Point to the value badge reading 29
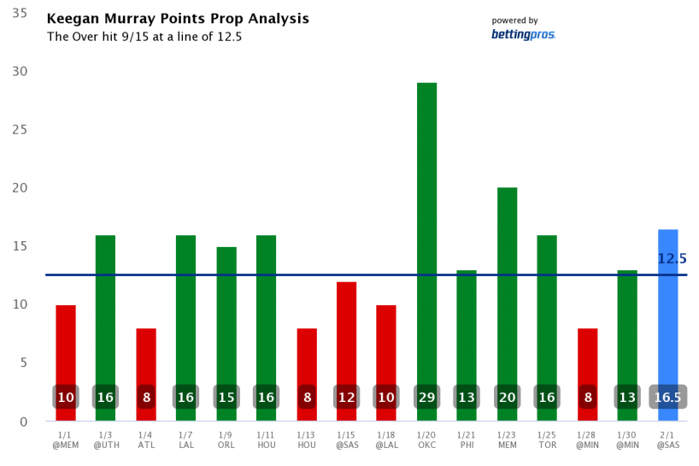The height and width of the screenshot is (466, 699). click(426, 398)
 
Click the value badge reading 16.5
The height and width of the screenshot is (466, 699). click(668, 398)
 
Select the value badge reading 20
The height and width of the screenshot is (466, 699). click(507, 398)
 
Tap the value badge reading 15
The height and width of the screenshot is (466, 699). click(226, 398)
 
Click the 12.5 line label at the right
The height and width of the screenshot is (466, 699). click(672, 258)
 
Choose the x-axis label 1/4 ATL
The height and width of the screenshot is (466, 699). click(146, 440)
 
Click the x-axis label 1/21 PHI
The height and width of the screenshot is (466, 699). click(467, 440)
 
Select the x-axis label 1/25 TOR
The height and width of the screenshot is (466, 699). click(547, 440)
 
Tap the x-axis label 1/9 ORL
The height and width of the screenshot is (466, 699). click(226, 440)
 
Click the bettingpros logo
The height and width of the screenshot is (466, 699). click(523, 35)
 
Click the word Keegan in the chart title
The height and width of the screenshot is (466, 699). click(71, 19)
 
